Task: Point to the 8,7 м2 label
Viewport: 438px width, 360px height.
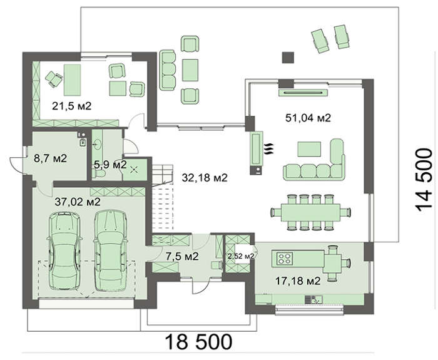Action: [53, 160]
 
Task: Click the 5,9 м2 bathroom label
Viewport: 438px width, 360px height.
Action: [110, 165]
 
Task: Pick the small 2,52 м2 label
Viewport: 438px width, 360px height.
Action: [240, 256]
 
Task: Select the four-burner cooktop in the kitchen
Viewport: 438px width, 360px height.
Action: [285, 259]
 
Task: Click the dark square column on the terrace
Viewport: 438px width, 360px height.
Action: [287, 57]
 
